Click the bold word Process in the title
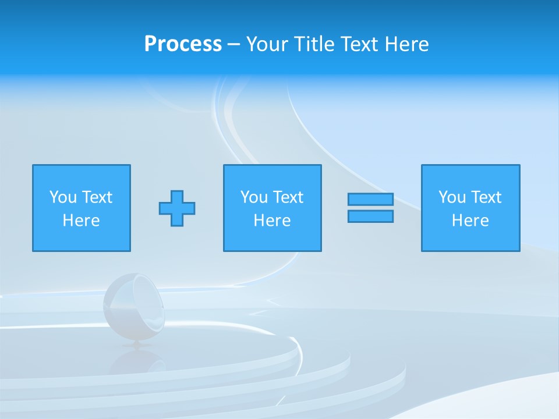(183, 44)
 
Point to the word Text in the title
(360, 44)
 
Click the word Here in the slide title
(407, 44)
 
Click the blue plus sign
(177, 208)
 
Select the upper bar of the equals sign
(370, 200)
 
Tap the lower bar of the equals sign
(370, 216)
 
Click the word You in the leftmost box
(63, 197)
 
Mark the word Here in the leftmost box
(81, 221)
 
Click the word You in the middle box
(254, 197)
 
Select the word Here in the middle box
(272, 221)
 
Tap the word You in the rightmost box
(452, 197)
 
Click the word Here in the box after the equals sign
(470, 221)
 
